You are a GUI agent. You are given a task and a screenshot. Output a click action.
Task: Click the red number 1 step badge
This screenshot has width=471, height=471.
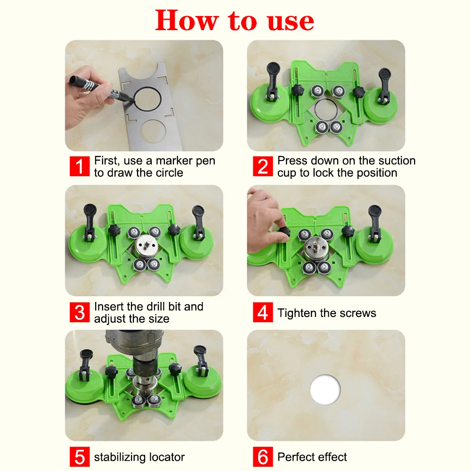coord(80,166)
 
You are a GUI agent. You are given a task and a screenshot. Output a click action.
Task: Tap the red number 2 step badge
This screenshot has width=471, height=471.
coord(263,166)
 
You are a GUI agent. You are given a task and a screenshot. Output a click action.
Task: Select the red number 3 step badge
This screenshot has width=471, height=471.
coord(80,312)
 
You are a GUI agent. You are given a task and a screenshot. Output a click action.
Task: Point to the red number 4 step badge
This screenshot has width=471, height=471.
coord(263,312)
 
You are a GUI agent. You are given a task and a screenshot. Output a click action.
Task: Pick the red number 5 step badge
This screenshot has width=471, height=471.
coord(80,456)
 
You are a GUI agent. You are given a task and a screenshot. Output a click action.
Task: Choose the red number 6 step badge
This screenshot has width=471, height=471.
coord(263,456)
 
